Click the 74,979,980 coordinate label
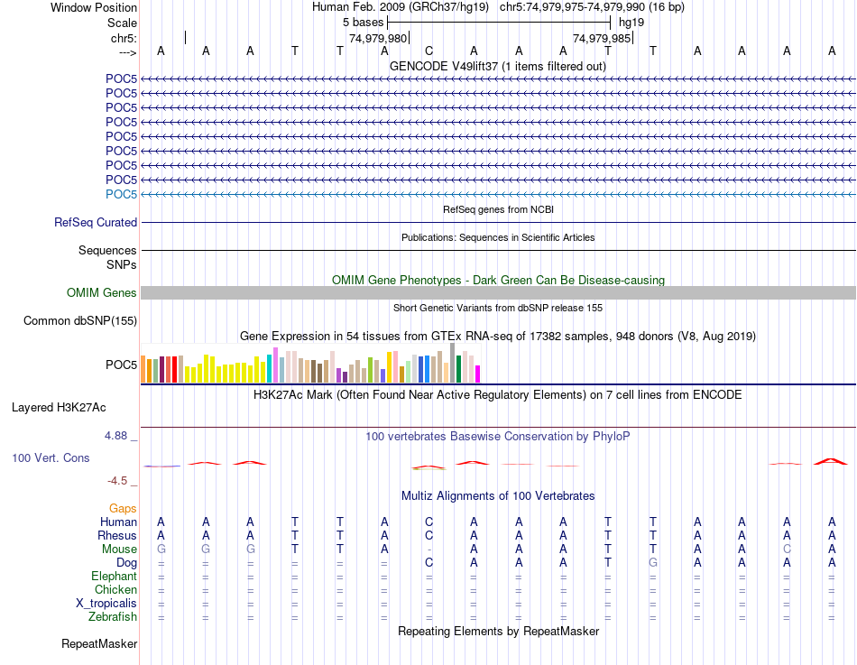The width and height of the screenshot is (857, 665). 378,39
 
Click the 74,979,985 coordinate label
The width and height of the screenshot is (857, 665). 602,39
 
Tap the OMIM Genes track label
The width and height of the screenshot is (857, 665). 102,292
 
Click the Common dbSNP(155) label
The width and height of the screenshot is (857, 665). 80,320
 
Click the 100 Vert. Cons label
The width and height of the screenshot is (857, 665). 51,458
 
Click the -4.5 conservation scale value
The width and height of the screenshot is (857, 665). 118,481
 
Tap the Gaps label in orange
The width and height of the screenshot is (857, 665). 123,509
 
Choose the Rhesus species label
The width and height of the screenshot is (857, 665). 116,535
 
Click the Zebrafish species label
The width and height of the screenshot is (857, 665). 113,616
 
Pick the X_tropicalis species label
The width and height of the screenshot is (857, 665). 106,603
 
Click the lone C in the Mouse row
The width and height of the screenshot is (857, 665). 788,549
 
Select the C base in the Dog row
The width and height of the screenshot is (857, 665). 429,562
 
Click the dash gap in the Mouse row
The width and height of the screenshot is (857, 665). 429,549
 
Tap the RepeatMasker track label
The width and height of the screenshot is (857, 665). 99,644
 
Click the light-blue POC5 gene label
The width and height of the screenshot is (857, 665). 121,194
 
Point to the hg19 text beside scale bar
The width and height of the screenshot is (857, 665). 631,22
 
